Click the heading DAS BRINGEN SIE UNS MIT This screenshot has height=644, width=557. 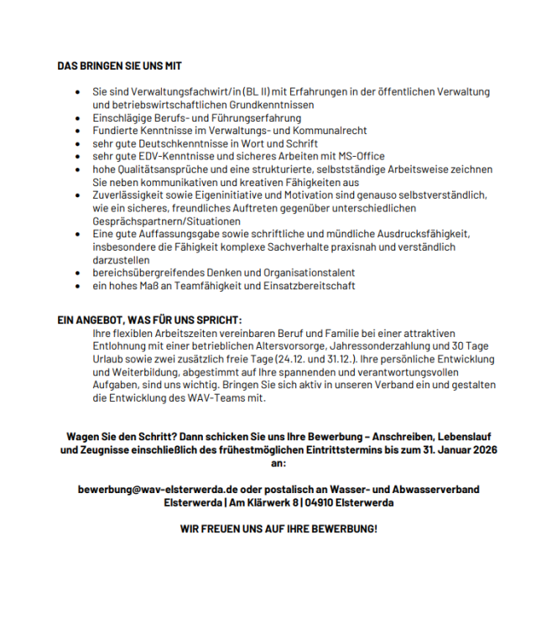(x=120, y=65)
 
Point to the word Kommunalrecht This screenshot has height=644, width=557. (x=328, y=131)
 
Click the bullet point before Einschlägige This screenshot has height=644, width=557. (x=77, y=118)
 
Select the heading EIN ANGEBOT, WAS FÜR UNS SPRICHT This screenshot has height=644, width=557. (x=149, y=319)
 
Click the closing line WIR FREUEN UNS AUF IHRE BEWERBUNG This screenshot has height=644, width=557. (x=278, y=529)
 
